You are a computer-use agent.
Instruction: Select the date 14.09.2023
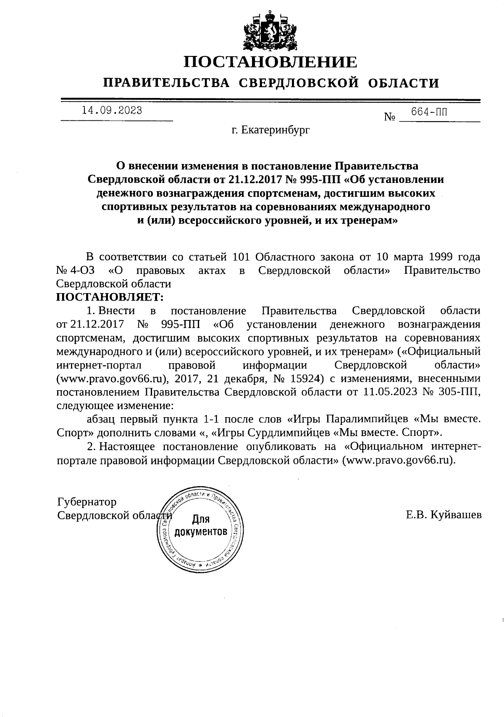click(x=112, y=110)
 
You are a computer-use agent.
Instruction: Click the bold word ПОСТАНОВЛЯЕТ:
click(x=110, y=297)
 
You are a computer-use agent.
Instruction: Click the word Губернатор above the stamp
click(x=87, y=502)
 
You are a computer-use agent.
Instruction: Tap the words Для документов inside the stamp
click(x=201, y=525)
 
